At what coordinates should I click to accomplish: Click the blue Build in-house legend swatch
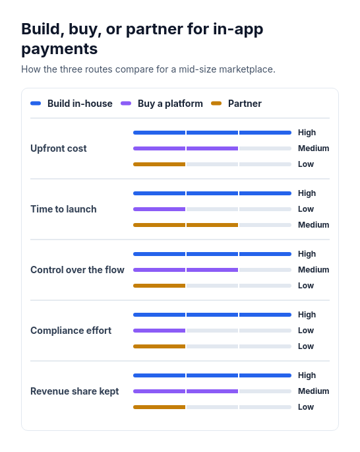tap(36, 104)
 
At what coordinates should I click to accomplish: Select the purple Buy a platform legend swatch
tap(126, 104)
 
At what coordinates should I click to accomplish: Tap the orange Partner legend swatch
tap(216, 104)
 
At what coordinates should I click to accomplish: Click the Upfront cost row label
tap(59, 148)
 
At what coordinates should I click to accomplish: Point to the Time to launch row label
tap(63, 209)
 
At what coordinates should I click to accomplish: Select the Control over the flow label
tap(77, 270)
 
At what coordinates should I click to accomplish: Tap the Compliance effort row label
tap(71, 331)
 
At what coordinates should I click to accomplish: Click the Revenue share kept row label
tap(75, 391)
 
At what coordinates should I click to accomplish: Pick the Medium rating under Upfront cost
tap(313, 148)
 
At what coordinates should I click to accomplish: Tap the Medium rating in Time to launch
tap(313, 225)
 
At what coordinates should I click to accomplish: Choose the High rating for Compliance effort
tap(307, 315)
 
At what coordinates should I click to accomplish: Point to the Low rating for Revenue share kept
tap(306, 407)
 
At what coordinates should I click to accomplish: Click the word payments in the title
tap(59, 49)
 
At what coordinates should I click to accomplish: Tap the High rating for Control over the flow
tap(307, 254)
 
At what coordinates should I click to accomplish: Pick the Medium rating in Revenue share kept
tap(313, 391)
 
